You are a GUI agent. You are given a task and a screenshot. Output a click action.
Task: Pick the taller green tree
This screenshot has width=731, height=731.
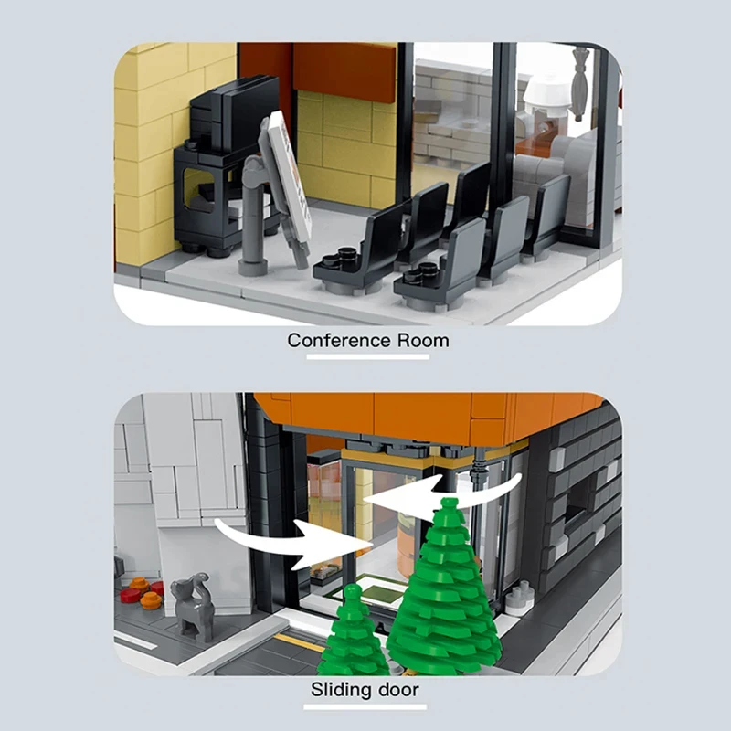click(445, 585)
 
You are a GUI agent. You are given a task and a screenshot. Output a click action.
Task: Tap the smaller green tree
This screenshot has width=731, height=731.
click(353, 630)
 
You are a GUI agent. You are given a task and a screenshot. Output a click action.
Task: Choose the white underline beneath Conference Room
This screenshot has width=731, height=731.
click(368, 357)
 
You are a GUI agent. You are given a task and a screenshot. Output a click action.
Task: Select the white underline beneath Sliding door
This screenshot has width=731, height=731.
click(365, 705)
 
